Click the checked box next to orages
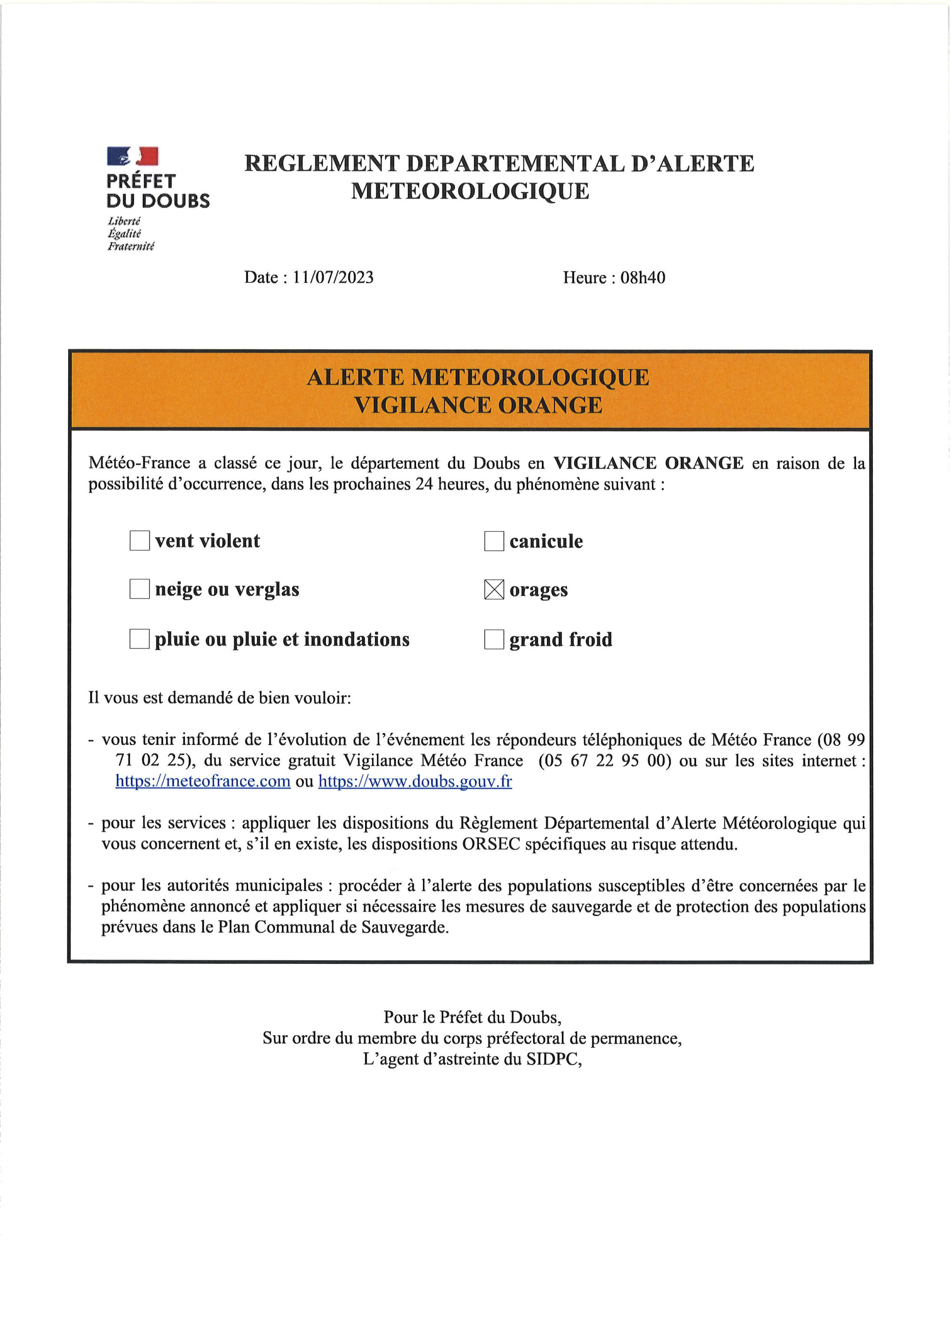click(494, 590)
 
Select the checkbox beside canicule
click(494, 541)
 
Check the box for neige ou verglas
click(139, 589)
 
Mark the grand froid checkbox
click(494, 639)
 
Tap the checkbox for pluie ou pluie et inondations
click(139, 639)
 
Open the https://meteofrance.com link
click(203, 782)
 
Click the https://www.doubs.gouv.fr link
click(415, 782)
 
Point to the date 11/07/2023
click(333, 278)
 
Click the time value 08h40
click(642, 278)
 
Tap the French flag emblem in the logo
click(132, 156)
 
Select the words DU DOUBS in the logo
click(158, 201)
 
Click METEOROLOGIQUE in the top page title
click(470, 191)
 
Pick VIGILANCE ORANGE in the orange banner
click(478, 405)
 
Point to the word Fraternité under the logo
click(131, 247)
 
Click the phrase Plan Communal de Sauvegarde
click(333, 927)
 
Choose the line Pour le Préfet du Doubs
click(472, 1017)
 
